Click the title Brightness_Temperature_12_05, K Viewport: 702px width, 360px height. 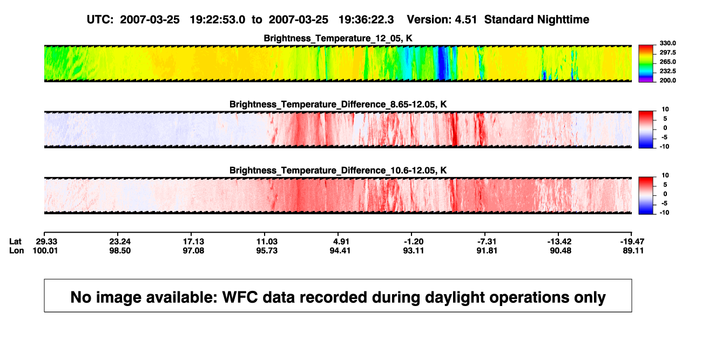coord(338,38)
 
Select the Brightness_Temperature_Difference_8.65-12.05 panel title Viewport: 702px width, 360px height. coord(338,104)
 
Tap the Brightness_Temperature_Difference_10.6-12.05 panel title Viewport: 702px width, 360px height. coord(338,171)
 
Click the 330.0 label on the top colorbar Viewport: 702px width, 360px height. coord(667,43)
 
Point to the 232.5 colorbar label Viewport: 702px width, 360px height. coord(667,71)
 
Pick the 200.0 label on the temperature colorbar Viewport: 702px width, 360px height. coord(667,80)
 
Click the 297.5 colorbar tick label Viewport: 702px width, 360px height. coord(667,52)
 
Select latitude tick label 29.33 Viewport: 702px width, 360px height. coord(46,242)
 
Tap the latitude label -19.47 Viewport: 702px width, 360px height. coord(632,242)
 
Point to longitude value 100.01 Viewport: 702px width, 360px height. coord(45,250)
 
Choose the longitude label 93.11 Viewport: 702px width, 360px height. coord(413,250)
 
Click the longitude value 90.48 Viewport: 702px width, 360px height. coord(561,250)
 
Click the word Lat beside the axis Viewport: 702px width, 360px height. coord(15,242)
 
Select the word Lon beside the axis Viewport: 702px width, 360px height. coord(17,250)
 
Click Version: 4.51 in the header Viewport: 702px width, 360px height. coord(442,19)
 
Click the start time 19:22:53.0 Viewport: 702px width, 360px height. coord(218,19)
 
